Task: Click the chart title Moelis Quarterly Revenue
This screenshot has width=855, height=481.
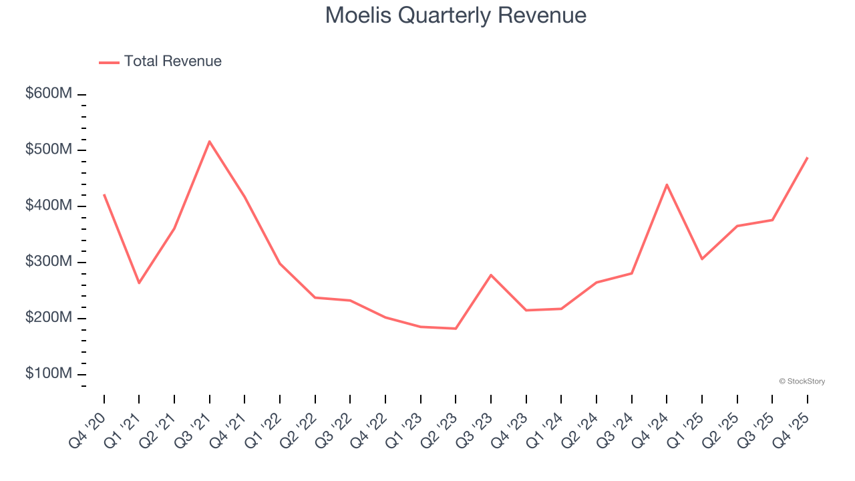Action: [x=456, y=15]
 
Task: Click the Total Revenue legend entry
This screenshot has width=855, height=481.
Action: [x=160, y=61]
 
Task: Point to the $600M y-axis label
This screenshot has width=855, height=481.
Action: [x=49, y=94]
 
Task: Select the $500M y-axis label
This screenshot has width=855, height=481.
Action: [x=49, y=150]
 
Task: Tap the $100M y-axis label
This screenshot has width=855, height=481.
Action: [x=49, y=373]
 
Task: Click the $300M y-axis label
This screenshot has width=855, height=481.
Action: [x=49, y=262]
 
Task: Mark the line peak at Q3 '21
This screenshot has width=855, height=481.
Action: [x=210, y=141]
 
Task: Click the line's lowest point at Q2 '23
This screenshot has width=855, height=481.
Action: [x=456, y=329]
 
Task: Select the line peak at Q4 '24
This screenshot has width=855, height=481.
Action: [x=667, y=184]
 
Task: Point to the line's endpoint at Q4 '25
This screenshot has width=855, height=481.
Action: [x=807, y=158]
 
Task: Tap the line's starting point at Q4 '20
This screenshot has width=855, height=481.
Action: [x=104, y=194]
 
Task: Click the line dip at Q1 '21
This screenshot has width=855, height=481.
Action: [x=139, y=283]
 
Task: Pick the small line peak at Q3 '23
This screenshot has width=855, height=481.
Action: [x=491, y=275]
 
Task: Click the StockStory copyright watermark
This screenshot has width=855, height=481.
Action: [x=802, y=381]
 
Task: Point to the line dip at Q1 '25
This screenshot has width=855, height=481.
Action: [x=702, y=259]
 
